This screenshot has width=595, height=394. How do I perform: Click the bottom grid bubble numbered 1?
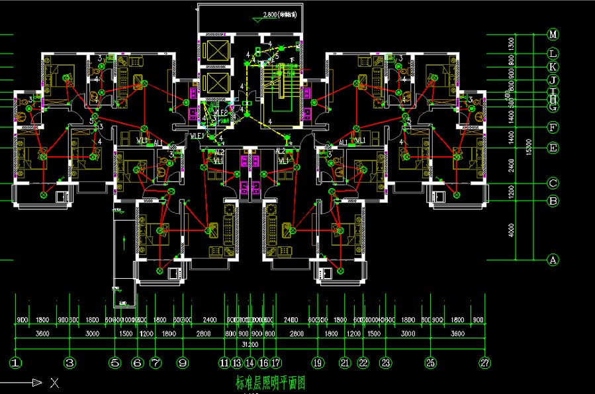(x=16, y=363)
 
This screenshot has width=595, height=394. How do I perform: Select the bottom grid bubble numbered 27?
(x=486, y=363)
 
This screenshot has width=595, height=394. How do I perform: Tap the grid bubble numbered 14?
(x=250, y=363)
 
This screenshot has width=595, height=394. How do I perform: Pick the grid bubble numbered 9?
(x=183, y=363)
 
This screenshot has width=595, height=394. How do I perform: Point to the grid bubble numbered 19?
(x=318, y=363)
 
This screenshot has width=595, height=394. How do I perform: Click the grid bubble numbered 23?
(x=385, y=363)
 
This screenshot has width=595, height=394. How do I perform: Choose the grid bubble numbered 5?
(x=115, y=363)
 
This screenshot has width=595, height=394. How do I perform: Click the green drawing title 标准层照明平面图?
(x=271, y=382)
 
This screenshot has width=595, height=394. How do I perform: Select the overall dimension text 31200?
(x=250, y=344)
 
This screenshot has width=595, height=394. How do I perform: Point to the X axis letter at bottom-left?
(x=55, y=382)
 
